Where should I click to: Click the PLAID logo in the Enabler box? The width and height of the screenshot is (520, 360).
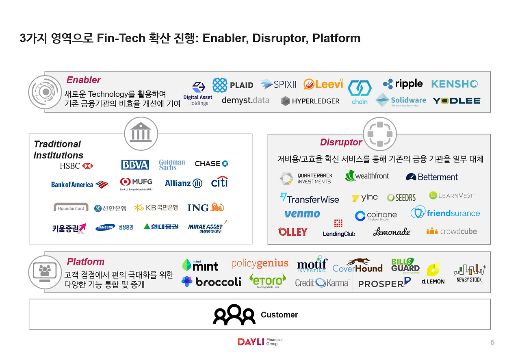click(x=233, y=85)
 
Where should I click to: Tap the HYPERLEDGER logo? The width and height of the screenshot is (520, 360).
click(x=310, y=101)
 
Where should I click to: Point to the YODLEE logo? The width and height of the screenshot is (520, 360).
click(x=457, y=100)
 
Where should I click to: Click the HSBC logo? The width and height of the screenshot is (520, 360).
click(x=76, y=166)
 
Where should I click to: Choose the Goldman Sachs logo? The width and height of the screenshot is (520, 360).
click(x=172, y=165)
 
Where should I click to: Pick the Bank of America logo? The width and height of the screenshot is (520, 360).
click(x=80, y=184)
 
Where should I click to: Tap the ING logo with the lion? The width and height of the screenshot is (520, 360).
click(x=206, y=208)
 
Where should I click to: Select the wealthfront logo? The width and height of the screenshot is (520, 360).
click(x=367, y=176)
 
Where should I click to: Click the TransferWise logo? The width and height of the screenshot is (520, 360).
click(x=309, y=198)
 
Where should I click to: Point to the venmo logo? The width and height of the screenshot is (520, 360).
click(x=302, y=214)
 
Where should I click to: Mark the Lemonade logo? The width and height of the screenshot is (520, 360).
click(x=392, y=232)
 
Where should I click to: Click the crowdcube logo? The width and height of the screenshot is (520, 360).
click(x=451, y=231)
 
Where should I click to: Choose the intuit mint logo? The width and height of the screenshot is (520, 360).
click(x=200, y=265)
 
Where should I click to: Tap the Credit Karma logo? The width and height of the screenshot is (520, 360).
click(x=322, y=282)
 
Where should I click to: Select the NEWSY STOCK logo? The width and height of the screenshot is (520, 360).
click(x=470, y=273)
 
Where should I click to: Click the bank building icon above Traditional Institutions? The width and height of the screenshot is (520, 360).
click(x=141, y=133)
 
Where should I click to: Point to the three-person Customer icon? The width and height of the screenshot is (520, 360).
click(x=234, y=315)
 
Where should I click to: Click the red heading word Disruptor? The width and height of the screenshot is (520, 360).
click(x=341, y=142)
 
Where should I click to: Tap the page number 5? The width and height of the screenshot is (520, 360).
click(x=492, y=343)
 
